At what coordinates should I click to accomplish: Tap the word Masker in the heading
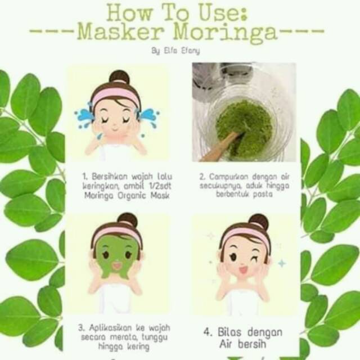(121, 31)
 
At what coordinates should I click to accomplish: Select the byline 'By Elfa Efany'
(175, 51)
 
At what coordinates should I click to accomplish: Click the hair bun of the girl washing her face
(119, 77)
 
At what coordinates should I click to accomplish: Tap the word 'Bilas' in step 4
(229, 332)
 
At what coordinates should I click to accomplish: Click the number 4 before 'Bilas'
(208, 332)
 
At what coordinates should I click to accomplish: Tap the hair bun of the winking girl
(259, 222)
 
